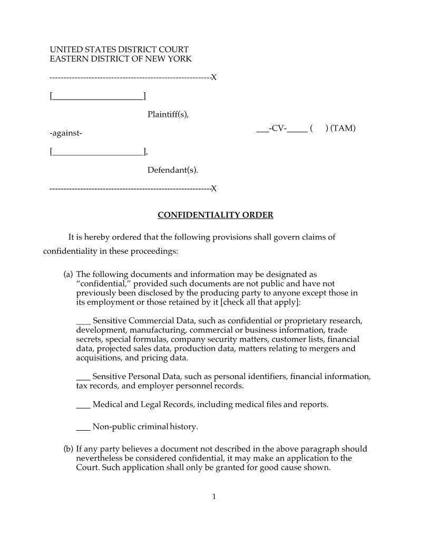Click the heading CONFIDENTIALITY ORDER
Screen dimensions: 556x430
coord(216,215)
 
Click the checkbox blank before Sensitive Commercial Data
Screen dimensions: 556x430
coord(83,321)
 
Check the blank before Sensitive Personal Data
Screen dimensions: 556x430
coord(83,377)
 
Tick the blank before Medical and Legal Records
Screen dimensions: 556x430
coord(83,405)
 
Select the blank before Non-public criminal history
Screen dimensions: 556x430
coord(83,427)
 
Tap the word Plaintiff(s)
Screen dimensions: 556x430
coord(168,114)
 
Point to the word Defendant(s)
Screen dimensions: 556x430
coord(173,170)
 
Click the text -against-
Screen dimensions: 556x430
coord(66,133)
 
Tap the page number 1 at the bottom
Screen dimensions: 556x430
coord(214,497)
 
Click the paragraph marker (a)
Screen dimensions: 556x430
coord(68,274)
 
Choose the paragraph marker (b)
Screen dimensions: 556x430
coord(68,449)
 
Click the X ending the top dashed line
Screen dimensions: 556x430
coord(214,78)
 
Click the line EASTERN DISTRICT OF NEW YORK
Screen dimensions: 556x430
coord(121,59)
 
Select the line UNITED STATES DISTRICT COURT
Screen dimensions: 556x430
coord(119,49)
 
